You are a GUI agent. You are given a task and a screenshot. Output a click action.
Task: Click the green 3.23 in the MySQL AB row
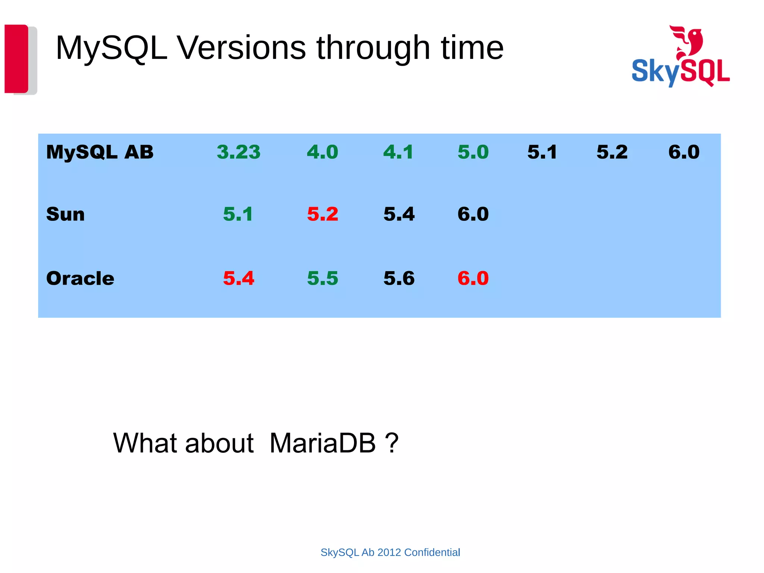coord(238,152)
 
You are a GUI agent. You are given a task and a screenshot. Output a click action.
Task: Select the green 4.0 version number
coord(322,152)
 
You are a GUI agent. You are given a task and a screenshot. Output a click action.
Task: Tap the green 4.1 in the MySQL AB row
coord(398,152)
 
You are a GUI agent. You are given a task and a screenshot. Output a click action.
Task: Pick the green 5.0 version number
coord(473,152)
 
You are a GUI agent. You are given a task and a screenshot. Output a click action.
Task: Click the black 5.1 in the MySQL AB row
coord(542,152)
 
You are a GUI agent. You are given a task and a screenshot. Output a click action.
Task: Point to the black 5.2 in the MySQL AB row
coord(612,152)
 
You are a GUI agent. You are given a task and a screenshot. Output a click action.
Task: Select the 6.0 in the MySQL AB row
coord(684,152)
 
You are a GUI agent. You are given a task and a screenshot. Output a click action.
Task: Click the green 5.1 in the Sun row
coord(238,214)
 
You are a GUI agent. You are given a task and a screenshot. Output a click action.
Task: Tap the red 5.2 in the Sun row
coord(322,214)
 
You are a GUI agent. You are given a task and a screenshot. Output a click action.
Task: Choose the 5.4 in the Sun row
coord(399,214)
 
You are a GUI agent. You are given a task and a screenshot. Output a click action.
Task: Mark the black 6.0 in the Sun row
coord(473,214)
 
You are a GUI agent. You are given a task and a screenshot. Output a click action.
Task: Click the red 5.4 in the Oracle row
coord(238,278)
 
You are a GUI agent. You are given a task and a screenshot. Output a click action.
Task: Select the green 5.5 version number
coord(322,278)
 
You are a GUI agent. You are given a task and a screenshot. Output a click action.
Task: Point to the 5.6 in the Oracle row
coord(399,278)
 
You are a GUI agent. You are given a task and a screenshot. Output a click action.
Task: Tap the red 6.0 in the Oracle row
coord(473,278)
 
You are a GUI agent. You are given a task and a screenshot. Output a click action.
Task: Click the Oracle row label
coord(80,278)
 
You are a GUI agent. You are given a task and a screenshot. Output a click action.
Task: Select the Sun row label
coord(65,214)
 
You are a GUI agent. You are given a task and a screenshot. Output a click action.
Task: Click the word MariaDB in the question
coord(322,443)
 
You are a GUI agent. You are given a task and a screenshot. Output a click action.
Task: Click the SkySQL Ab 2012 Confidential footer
coord(390,552)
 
